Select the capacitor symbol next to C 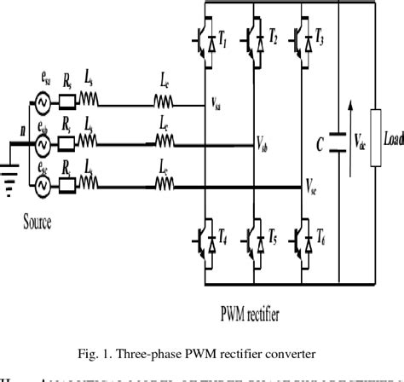(340, 140)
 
